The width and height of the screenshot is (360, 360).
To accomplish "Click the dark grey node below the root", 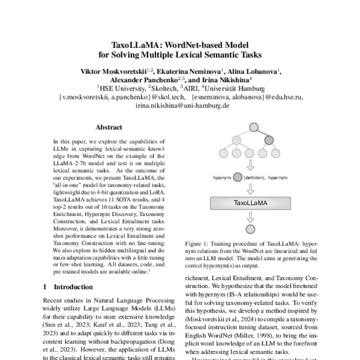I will coord(269,141).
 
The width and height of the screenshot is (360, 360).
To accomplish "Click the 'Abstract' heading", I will coord(109,127).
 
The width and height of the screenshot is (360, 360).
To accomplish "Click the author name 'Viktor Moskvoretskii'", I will coord(118,71).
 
